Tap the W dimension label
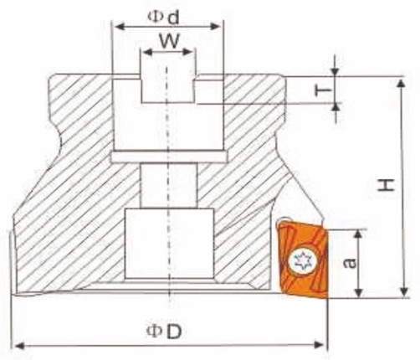click(x=168, y=40)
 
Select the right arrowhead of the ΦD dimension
click(x=322, y=344)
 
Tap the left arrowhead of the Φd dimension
click(x=116, y=27)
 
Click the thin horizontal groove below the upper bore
click(x=168, y=157)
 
